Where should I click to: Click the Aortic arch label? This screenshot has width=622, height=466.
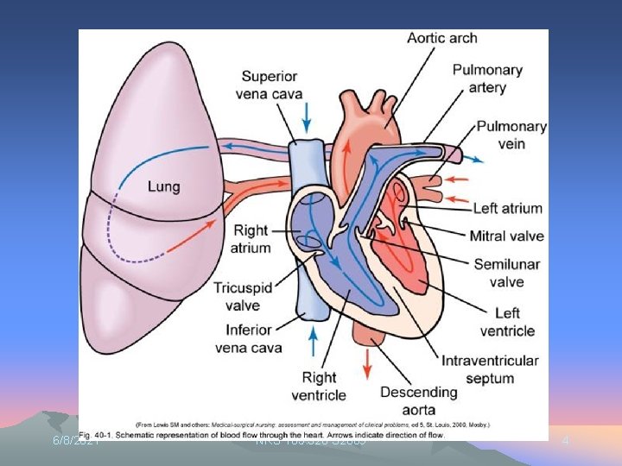(441, 39)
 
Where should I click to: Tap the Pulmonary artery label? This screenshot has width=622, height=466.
(487, 79)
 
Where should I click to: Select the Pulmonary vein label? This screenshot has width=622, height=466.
(511, 135)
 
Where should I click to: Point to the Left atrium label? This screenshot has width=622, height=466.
(508, 208)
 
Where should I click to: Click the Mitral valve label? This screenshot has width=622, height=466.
(506, 236)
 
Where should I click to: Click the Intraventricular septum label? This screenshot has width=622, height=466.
(490, 369)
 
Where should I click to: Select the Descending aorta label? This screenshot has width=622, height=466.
(418, 401)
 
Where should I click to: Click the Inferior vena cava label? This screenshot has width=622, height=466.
(248, 339)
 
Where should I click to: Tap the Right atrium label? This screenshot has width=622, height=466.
(251, 239)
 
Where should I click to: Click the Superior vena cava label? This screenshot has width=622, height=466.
(270, 85)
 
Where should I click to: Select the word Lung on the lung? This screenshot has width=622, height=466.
(164, 186)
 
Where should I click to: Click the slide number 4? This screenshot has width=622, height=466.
(565, 441)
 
